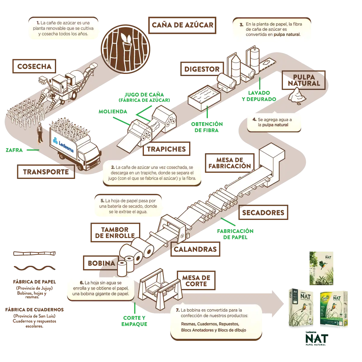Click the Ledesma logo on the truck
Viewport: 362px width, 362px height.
point(64,144)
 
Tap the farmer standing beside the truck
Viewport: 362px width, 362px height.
point(40,133)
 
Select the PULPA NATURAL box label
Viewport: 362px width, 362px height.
point(303,80)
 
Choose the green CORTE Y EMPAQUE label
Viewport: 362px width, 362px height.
point(134,321)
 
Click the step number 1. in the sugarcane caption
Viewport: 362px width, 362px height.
point(38,23)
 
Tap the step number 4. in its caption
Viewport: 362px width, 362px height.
point(254,119)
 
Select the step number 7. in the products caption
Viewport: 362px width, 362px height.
point(178,310)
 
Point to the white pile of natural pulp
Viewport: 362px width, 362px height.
point(297,94)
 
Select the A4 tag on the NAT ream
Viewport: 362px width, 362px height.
point(295,292)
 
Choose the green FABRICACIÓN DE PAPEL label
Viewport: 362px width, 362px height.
point(235,234)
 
